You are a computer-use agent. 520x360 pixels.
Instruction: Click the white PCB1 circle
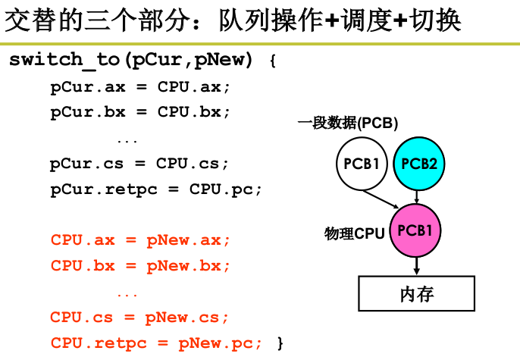click(x=362, y=163)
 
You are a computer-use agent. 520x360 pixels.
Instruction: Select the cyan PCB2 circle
click(x=418, y=163)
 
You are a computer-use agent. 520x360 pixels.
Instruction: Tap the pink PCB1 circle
click(x=415, y=230)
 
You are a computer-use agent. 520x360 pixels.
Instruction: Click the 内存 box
click(x=416, y=293)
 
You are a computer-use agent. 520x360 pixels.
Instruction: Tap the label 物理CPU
click(x=355, y=234)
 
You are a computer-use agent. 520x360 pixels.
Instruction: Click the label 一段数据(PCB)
click(x=348, y=123)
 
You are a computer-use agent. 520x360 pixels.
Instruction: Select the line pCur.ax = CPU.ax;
click(x=139, y=86)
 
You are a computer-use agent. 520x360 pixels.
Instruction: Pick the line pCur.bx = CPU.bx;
click(x=139, y=112)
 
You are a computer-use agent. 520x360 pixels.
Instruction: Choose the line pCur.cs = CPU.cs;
click(x=139, y=163)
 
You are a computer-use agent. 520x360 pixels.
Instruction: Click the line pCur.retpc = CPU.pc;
click(x=156, y=189)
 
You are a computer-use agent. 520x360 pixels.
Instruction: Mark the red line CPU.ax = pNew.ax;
click(x=139, y=240)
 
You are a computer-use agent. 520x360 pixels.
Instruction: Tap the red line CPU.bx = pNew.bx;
click(x=139, y=266)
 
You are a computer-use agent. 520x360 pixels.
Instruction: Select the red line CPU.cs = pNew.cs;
click(x=139, y=317)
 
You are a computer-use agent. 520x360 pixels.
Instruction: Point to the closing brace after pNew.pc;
click(x=280, y=343)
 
